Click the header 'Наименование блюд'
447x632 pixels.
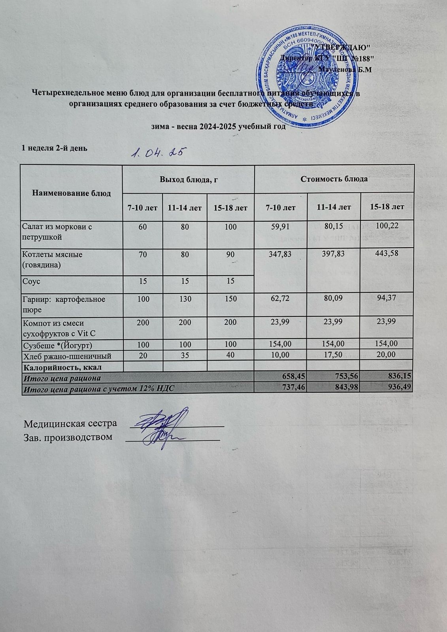72,193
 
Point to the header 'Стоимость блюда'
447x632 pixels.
334,179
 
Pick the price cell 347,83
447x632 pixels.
280,254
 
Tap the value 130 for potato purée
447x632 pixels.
185,299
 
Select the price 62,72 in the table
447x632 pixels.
280,299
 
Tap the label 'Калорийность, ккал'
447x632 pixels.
63,367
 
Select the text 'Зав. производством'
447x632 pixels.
68,437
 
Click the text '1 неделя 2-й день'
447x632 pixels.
54,148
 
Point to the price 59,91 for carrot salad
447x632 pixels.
280,227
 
